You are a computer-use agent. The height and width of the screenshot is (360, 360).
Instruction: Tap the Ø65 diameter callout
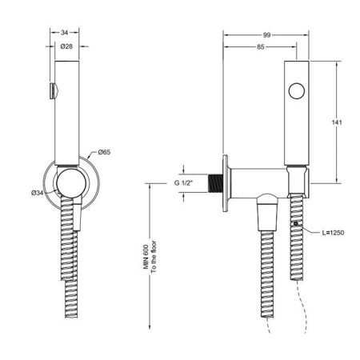pyautogui.click(x=104, y=151)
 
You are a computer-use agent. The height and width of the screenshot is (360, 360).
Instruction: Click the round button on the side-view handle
pyautogui.click(x=298, y=90)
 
